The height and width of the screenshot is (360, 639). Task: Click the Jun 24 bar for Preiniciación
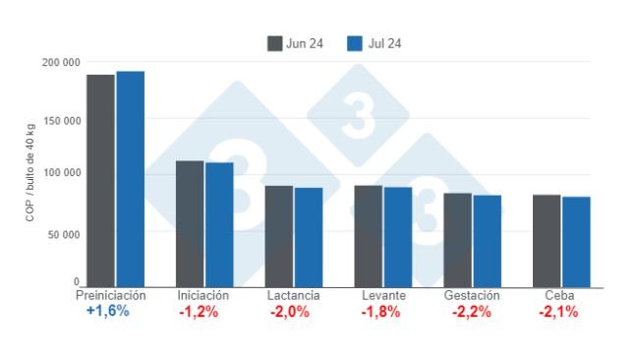(100, 181)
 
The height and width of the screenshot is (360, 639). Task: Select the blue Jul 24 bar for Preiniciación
(130, 179)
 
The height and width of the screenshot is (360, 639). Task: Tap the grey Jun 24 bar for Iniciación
(190, 224)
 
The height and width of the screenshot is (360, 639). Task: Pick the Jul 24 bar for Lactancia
(309, 237)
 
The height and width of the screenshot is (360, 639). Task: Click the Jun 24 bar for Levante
(369, 236)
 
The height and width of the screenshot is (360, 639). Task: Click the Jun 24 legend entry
(297, 43)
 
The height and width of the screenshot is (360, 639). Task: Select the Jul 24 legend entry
(374, 43)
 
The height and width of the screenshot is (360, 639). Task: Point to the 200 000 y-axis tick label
(62, 63)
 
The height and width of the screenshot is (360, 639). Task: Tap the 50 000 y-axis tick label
(65, 234)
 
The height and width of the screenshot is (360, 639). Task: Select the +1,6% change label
(108, 311)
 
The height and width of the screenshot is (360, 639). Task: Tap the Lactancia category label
(293, 295)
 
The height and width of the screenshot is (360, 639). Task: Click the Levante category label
(381, 295)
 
